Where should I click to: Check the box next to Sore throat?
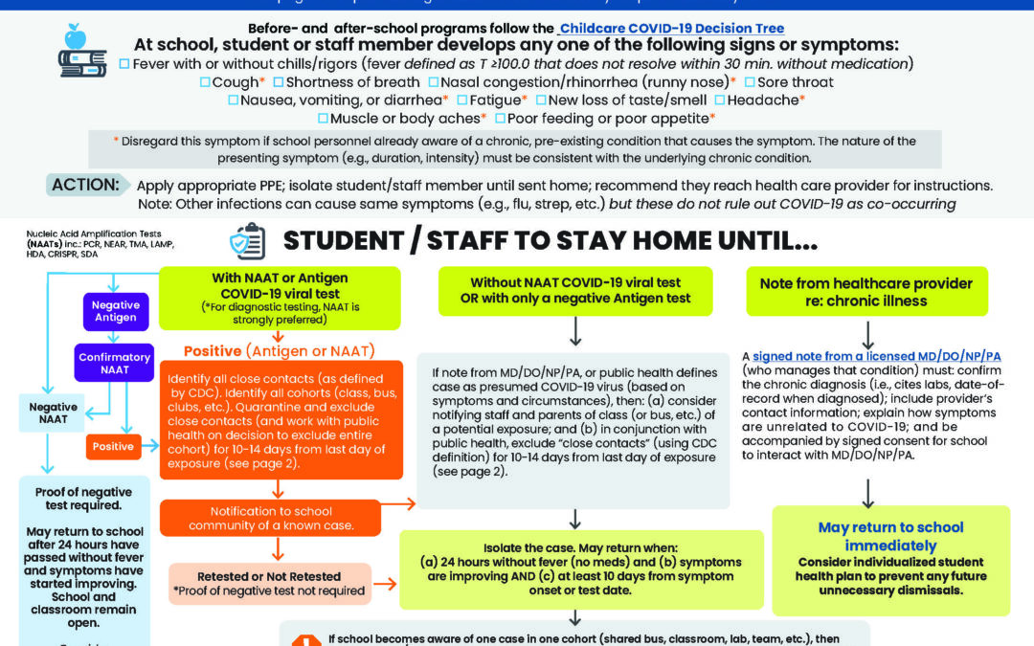[750, 82]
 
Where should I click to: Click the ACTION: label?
[86, 184]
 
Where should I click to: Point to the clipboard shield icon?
[247, 242]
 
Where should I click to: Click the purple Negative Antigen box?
[116, 311]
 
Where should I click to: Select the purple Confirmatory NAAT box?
[115, 364]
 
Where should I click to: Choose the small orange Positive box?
[113, 445]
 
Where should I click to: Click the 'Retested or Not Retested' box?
[269, 583]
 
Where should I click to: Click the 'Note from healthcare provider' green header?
[865, 292]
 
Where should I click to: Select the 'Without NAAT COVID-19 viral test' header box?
[575, 291]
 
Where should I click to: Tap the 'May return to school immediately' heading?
[890, 536]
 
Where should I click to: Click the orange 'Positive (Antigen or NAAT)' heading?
[278, 350]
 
